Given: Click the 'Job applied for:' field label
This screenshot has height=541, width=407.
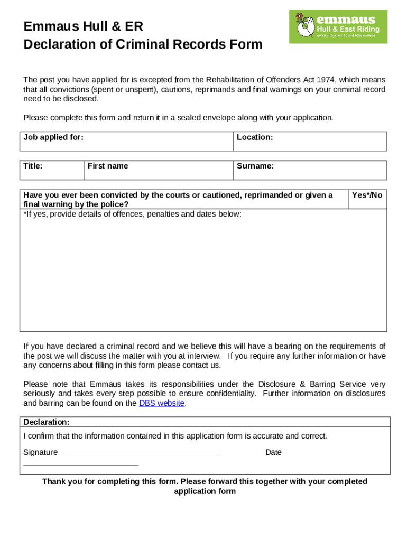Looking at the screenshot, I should pyautogui.click(x=53, y=137).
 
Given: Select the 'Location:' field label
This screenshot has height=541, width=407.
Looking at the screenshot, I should pyautogui.click(x=255, y=137).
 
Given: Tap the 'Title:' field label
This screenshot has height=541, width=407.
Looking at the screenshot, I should pyautogui.click(x=33, y=166).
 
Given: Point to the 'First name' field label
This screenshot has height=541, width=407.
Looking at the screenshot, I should pyautogui.click(x=108, y=166).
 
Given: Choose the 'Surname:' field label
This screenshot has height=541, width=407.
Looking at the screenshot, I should pyautogui.click(x=255, y=166).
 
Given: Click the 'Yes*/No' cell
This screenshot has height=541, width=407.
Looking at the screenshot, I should pyautogui.click(x=367, y=195).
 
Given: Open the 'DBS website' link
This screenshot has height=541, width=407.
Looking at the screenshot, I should pyautogui.click(x=162, y=403).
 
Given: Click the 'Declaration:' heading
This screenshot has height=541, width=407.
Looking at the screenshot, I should pyautogui.click(x=47, y=422).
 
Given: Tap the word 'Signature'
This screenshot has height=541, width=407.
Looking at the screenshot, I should pyautogui.click(x=41, y=452).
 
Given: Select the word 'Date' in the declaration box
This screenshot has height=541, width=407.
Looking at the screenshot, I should pyautogui.click(x=273, y=452).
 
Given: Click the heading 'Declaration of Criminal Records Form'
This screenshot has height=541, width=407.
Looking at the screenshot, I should pyautogui.click(x=143, y=44).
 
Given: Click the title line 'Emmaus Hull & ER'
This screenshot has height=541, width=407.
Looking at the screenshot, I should pyautogui.click(x=83, y=26).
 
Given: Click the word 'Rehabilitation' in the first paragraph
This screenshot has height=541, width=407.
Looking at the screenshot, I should pyautogui.click(x=230, y=80).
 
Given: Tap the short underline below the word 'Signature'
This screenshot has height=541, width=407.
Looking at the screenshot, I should pyautogui.click(x=81, y=465).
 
